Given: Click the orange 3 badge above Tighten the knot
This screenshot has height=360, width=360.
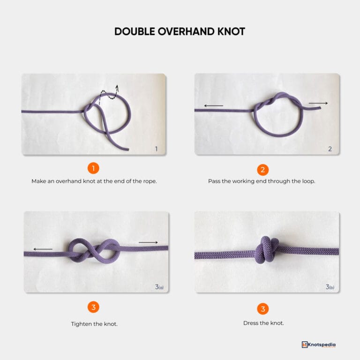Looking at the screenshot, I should (x=93, y=307).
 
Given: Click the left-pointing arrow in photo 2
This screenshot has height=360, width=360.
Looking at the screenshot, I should (x=214, y=105).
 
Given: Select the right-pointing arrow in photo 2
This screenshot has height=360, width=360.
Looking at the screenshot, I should (x=318, y=103).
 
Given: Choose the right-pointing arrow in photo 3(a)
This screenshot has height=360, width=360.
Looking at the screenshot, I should (x=149, y=242).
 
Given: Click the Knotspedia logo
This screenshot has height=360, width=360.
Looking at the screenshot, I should (x=319, y=345).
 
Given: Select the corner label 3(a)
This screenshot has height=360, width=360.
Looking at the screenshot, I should (x=159, y=287).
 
